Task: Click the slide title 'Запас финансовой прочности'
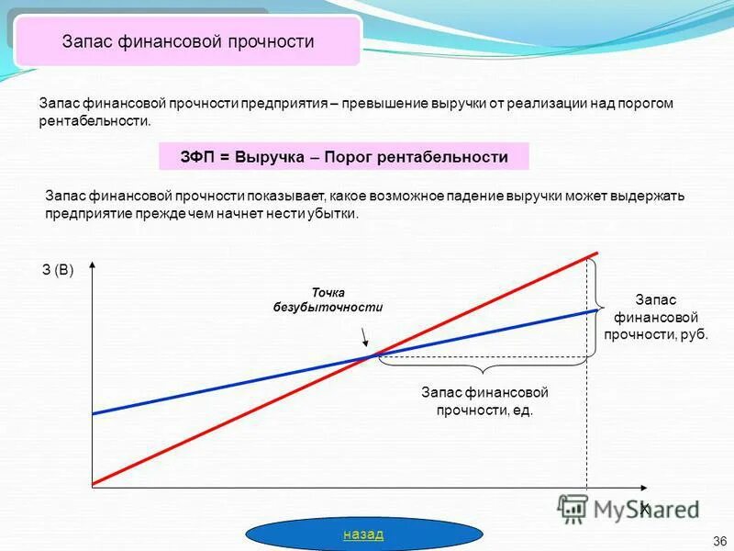[x=188, y=41]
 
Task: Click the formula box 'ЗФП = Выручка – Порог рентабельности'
[x=344, y=157]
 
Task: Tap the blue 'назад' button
[x=363, y=534]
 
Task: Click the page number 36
[x=718, y=540]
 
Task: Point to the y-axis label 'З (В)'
[x=57, y=270]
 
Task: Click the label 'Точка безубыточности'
[x=328, y=299]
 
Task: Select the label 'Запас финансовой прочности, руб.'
[x=655, y=317]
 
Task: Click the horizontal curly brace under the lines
[x=481, y=365]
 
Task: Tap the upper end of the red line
[x=597, y=253]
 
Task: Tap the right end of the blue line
[x=597, y=310]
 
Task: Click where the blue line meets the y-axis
[x=92, y=413]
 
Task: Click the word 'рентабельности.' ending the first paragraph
[x=94, y=121]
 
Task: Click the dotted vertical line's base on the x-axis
[x=585, y=484]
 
